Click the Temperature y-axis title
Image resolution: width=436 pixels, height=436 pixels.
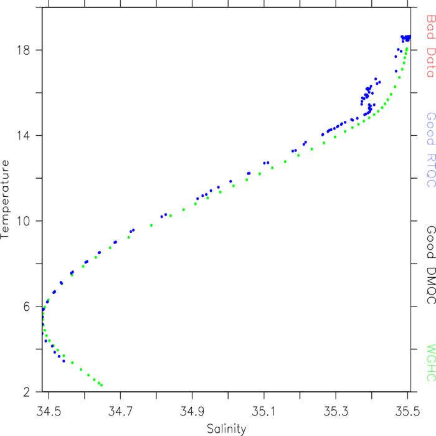click(x=5, y=199)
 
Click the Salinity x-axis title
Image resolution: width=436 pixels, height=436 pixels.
click(x=226, y=429)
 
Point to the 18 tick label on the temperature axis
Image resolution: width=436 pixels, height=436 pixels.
click(x=23, y=50)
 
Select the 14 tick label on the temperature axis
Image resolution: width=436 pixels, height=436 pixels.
click(x=23, y=136)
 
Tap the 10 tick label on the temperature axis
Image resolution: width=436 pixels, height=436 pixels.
click(x=23, y=221)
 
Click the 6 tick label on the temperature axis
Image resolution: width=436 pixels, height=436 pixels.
click(x=26, y=306)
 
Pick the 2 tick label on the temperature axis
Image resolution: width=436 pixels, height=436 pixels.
click(x=26, y=392)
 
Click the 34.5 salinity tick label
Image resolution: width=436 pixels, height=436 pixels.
click(x=49, y=411)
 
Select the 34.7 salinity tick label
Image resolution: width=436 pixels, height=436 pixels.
click(x=120, y=411)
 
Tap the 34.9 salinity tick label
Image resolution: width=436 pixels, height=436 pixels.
click(x=192, y=411)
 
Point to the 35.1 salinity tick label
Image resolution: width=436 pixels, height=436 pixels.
click(x=263, y=411)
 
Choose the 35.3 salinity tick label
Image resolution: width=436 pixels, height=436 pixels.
click(x=336, y=411)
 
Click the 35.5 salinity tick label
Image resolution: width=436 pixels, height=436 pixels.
click(x=407, y=411)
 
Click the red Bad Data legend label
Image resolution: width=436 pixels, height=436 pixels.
click(x=431, y=46)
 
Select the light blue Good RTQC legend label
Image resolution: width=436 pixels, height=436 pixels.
click(x=431, y=150)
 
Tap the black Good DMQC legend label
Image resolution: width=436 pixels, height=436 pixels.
click(x=431, y=265)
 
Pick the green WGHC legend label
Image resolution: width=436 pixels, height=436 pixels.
click(x=431, y=363)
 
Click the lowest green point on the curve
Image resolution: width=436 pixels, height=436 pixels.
click(x=102, y=385)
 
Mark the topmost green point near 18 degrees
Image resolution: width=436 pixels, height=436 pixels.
click(x=407, y=49)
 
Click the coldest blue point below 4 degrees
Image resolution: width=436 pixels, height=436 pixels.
click(x=64, y=361)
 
